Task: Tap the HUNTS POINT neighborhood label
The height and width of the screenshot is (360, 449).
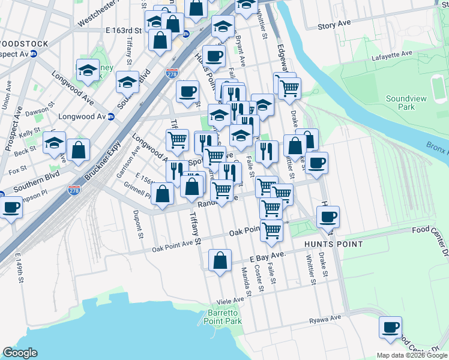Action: (x=333, y=244)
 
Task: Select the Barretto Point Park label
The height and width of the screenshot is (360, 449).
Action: (x=224, y=317)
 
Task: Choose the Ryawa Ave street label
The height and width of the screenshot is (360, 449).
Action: (x=325, y=318)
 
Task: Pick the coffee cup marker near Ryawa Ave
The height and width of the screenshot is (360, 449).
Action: (x=390, y=328)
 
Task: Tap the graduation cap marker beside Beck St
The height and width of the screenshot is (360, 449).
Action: (x=54, y=143)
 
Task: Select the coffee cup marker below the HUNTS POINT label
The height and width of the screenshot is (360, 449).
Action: (x=328, y=217)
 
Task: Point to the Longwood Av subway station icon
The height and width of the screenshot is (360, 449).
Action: (x=111, y=117)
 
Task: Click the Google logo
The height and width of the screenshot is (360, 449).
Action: (x=19, y=353)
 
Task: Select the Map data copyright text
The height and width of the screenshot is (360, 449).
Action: (x=412, y=355)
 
